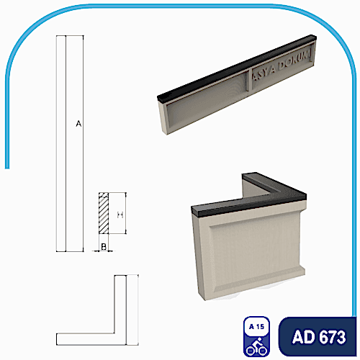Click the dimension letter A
pos(78,125)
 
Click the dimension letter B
pos(104,247)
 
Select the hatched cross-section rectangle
pos(104,213)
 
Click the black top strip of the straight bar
pos(238,63)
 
